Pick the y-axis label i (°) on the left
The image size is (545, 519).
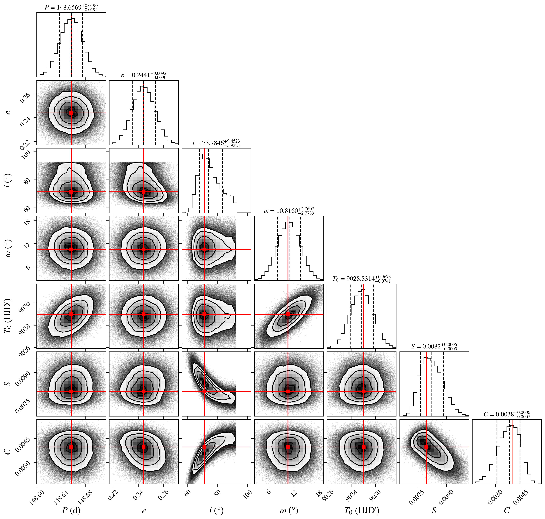(8, 180)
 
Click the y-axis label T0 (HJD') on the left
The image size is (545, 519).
(8, 316)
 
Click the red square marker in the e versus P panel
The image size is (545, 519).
(71, 113)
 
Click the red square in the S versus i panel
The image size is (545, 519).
(204, 391)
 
